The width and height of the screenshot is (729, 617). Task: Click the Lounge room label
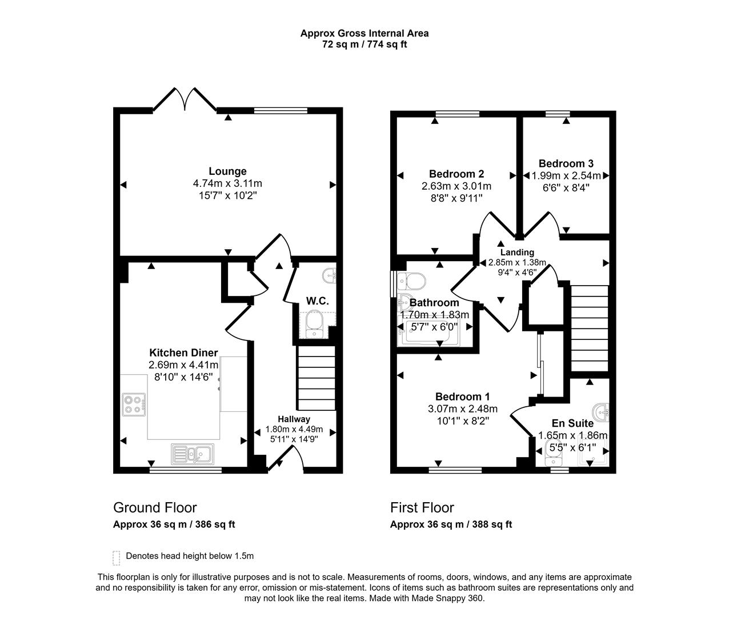point(227,171)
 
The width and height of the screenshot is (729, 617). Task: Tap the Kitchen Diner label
point(183,352)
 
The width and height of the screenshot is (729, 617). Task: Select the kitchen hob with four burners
point(134,404)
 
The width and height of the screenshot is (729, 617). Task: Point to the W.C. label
point(317,301)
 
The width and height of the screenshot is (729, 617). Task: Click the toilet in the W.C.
point(314,324)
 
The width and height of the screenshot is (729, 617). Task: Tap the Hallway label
point(294,419)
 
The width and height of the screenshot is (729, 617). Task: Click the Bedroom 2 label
point(456,174)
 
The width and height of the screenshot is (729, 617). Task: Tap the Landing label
point(517,252)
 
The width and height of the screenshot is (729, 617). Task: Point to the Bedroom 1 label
point(462,396)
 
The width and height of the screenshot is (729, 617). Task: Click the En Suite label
point(572,423)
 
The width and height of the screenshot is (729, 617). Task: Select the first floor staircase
point(590,330)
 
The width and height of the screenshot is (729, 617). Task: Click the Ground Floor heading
point(155,507)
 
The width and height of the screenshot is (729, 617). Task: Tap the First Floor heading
point(422,507)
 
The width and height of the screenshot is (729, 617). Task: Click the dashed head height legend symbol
point(117,557)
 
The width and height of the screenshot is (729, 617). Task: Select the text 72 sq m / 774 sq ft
point(364,44)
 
